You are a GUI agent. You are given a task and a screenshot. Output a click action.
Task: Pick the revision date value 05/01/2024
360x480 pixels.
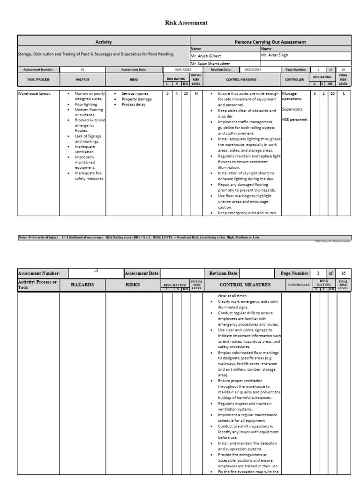point(253,69)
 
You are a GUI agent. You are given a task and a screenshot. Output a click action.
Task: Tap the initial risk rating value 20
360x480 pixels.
point(186,93)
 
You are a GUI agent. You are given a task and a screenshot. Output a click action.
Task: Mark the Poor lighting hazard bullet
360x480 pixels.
point(86,105)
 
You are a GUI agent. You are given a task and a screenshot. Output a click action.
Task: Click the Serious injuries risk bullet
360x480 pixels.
point(135,93)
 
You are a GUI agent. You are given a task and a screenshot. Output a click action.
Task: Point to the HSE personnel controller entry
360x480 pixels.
point(295,120)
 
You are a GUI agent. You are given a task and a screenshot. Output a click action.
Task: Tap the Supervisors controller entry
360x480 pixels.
point(293,109)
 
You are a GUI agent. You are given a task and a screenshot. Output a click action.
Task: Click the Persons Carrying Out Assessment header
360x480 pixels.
point(270,42)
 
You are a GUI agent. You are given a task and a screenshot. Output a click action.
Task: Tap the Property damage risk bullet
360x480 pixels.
point(136,99)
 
